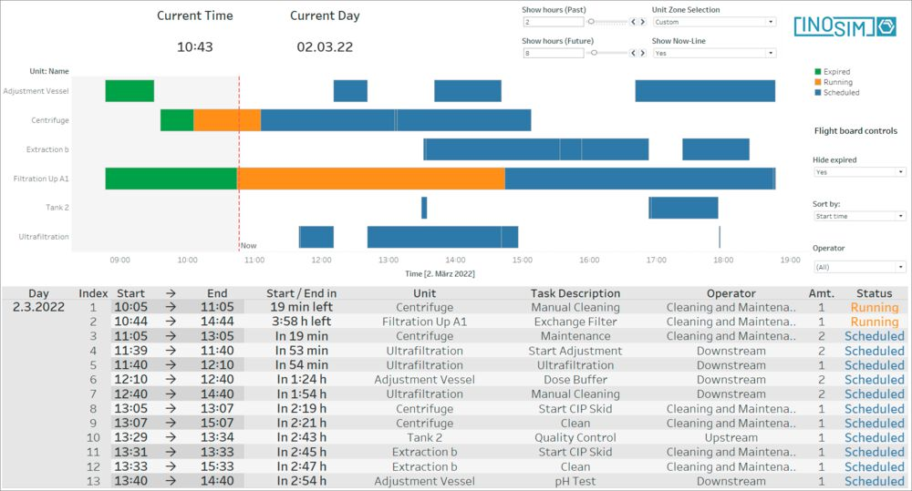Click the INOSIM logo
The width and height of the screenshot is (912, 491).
pyautogui.click(x=845, y=26)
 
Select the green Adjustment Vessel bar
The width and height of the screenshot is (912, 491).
pyautogui.click(x=130, y=91)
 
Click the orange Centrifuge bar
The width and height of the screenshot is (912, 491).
pyautogui.click(x=227, y=120)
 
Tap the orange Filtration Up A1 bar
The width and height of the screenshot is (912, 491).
pyautogui.click(x=371, y=179)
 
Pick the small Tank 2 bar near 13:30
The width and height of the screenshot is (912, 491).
pyautogui.click(x=424, y=208)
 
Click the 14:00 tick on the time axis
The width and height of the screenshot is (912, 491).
pyautogui.click(x=455, y=260)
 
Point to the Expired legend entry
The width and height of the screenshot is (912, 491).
pyautogui.click(x=833, y=71)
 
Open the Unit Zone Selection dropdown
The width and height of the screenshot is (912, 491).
pyautogui.click(x=714, y=22)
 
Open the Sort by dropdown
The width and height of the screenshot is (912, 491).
pyautogui.click(x=859, y=216)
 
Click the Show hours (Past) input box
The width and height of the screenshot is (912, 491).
pyautogui.click(x=554, y=22)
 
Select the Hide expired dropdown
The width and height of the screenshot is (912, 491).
pyautogui.click(x=859, y=172)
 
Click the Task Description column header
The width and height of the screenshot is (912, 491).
pyautogui.click(x=575, y=293)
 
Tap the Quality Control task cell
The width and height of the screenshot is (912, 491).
pyautogui.click(x=575, y=437)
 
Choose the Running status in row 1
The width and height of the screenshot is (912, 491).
pyautogui.click(x=875, y=307)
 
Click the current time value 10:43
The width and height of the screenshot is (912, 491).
pyautogui.click(x=195, y=47)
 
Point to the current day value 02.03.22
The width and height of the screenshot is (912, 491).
pyautogui.click(x=325, y=47)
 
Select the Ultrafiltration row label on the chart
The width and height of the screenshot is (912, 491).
pyautogui.click(x=44, y=237)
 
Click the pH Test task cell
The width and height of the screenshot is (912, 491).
pyautogui.click(x=575, y=481)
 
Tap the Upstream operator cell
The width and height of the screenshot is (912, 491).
pyautogui.click(x=731, y=437)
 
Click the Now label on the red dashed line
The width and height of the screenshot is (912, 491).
pyautogui.click(x=249, y=246)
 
